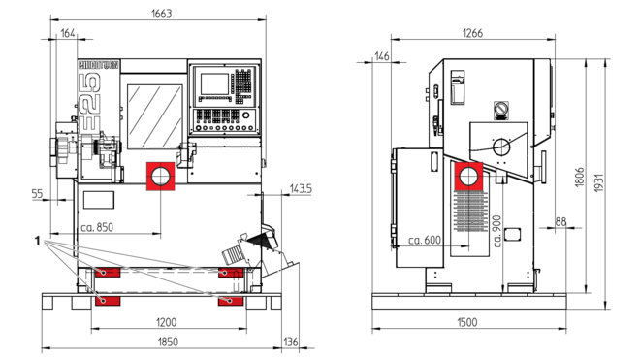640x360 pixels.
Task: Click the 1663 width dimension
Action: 162,14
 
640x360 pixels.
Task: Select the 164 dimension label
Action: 68,33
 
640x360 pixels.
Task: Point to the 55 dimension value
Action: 37,194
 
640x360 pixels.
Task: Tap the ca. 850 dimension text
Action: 97,227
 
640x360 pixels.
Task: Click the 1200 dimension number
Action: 166,322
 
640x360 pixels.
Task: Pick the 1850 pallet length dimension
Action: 168,342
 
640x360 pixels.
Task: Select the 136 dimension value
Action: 291,342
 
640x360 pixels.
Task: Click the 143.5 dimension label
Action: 301,189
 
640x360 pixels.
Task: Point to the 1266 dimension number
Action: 472,33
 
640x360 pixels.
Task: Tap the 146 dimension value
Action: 382,56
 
